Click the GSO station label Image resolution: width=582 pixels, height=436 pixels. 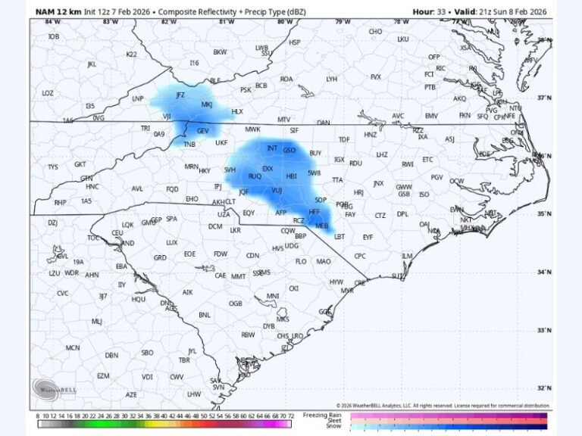click(x=289, y=151)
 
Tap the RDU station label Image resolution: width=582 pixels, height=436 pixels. click(x=355, y=163)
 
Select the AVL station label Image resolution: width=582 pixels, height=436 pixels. click(x=137, y=188)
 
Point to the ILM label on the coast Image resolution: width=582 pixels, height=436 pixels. click(x=407, y=256)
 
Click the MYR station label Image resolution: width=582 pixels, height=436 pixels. click(x=347, y=291)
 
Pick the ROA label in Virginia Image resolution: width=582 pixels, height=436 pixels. click(x=286, y=79)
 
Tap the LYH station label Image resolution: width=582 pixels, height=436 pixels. click(x=332, y=79)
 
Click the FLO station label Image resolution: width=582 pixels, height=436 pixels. click(x=301, y=261)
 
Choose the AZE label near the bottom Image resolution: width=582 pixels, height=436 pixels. click(x=132, y=394)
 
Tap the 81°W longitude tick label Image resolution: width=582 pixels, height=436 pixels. click(x=226, y=22)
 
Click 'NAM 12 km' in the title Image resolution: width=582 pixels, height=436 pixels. click(x=59, y=11)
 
